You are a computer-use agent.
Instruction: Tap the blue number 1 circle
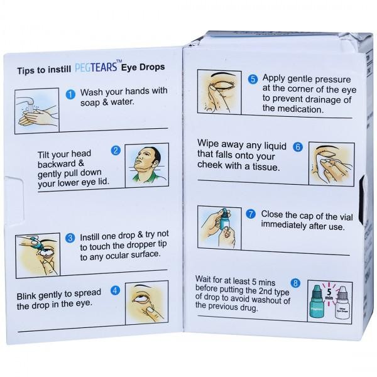click(70, 94)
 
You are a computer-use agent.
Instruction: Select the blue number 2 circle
click(116, 151)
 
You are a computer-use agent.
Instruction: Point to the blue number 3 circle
click(70, 238)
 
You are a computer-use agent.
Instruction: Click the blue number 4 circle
click(115, 291)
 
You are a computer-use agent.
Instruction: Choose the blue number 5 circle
click(253, 79)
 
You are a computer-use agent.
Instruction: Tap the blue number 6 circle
click(298, 146)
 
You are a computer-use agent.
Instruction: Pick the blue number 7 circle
click(251, 214)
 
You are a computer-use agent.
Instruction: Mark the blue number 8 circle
click(295, 283)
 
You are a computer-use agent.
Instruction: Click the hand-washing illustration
click(37, 111)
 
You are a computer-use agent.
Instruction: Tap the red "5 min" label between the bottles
click(329, 294)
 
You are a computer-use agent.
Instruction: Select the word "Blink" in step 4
click(26, 296)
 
